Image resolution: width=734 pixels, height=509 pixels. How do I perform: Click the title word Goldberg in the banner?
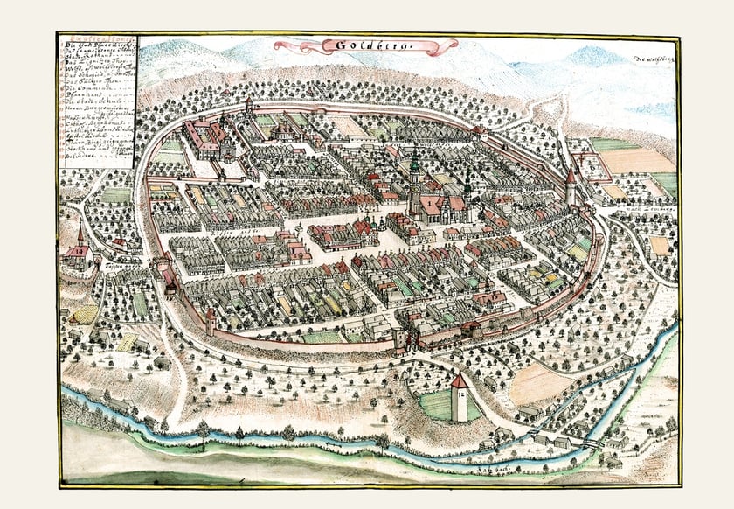(366, 45)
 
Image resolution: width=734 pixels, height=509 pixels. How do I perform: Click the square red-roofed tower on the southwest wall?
(211, 320)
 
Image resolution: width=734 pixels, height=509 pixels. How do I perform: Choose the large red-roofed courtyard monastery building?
(206, 137)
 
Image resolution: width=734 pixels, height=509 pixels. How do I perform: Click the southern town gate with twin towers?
(405, 338)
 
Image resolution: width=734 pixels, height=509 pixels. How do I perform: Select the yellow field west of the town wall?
(85, 312)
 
